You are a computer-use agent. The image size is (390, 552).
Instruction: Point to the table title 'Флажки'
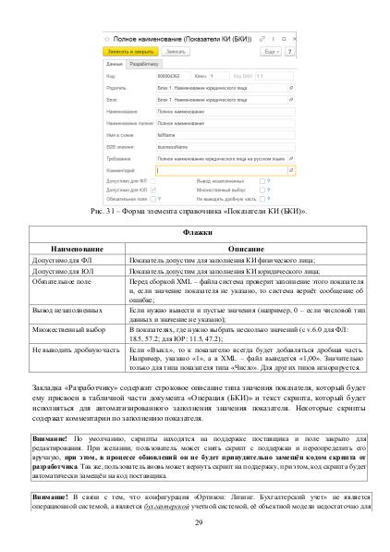(x=195, y=233)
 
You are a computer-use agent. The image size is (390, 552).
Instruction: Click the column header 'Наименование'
(x=78, y=248)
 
